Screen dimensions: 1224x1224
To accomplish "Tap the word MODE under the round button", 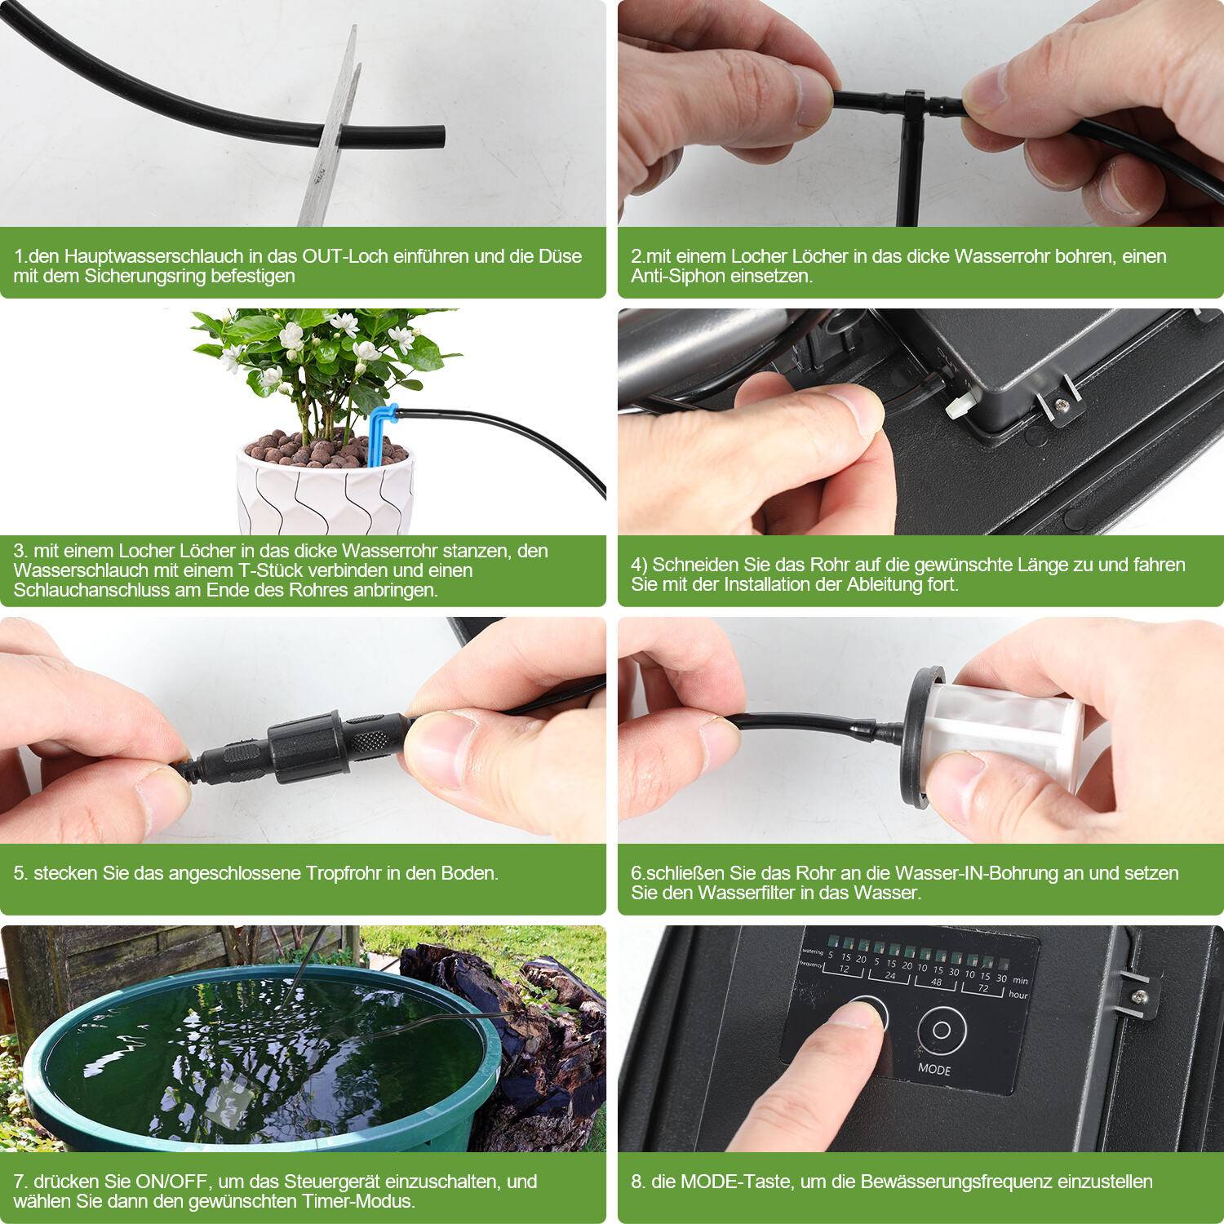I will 934,1069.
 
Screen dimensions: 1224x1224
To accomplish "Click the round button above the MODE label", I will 942,1030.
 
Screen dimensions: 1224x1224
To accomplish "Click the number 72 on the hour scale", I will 985,989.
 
